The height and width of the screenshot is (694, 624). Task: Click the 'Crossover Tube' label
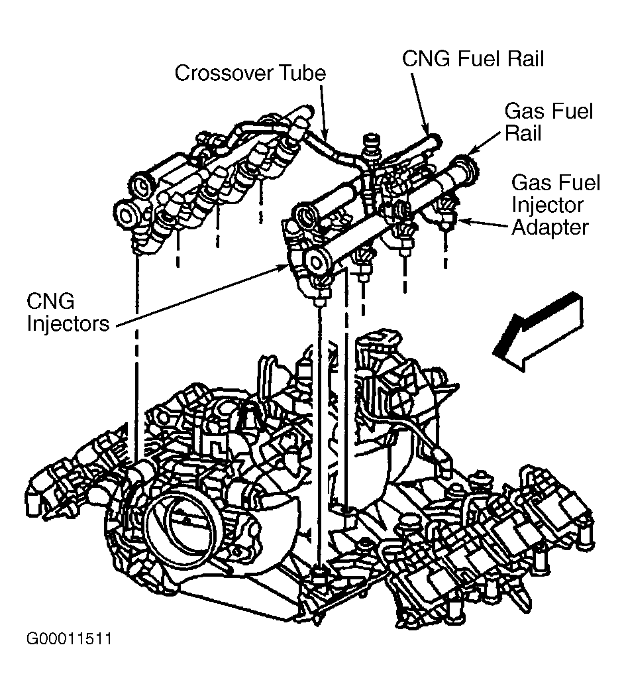(250, 73)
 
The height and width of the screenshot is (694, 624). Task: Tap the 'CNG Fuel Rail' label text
(473, 59)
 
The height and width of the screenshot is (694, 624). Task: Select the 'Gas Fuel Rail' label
(548, 122)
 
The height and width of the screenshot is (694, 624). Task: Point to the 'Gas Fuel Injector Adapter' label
(556, 205)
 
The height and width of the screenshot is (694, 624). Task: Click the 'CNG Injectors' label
(68, 312)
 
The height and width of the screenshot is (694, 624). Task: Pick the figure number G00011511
(69, 639)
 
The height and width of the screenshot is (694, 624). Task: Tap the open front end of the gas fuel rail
(317, 263)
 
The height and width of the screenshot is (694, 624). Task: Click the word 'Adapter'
(550, 228)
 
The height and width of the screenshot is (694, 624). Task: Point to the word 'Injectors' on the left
(68, 323)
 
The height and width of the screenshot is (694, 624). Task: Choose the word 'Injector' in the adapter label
(548, 205)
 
